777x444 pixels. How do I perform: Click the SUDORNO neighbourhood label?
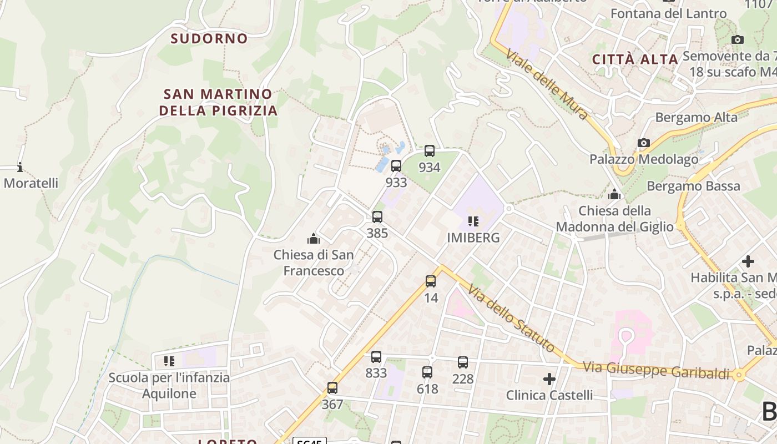(x=209, y=38)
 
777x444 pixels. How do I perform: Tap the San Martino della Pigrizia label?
(x=218, y=102)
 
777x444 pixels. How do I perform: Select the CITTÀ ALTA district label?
(x=635, y=59)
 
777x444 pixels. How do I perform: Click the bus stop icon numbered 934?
(x=429, y=150)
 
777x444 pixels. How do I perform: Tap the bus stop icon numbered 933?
(x=396, y=165)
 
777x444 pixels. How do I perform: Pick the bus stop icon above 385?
(x=377, y=216)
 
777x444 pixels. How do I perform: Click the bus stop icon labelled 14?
(x=431, y=281)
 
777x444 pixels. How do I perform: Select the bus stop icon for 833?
(x=376, y=356)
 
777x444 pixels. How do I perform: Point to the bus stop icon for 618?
(x=427, y=372)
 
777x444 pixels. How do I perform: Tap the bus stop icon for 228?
(x=462, y=362)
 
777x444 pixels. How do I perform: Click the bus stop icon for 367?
(x=332, y=387)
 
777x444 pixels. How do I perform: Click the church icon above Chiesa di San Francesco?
(x=314, y=239)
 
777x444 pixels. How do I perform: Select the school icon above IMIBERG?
(x=473, y=221)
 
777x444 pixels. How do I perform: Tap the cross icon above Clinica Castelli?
(x=549, y=379)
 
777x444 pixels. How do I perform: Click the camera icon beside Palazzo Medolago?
(x=643, y=143)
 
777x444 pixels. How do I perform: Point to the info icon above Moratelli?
(x=20, y=167)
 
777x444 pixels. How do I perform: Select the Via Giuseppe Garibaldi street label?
(x=655, y=370)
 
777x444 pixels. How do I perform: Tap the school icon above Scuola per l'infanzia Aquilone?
(x=169, y=361)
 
